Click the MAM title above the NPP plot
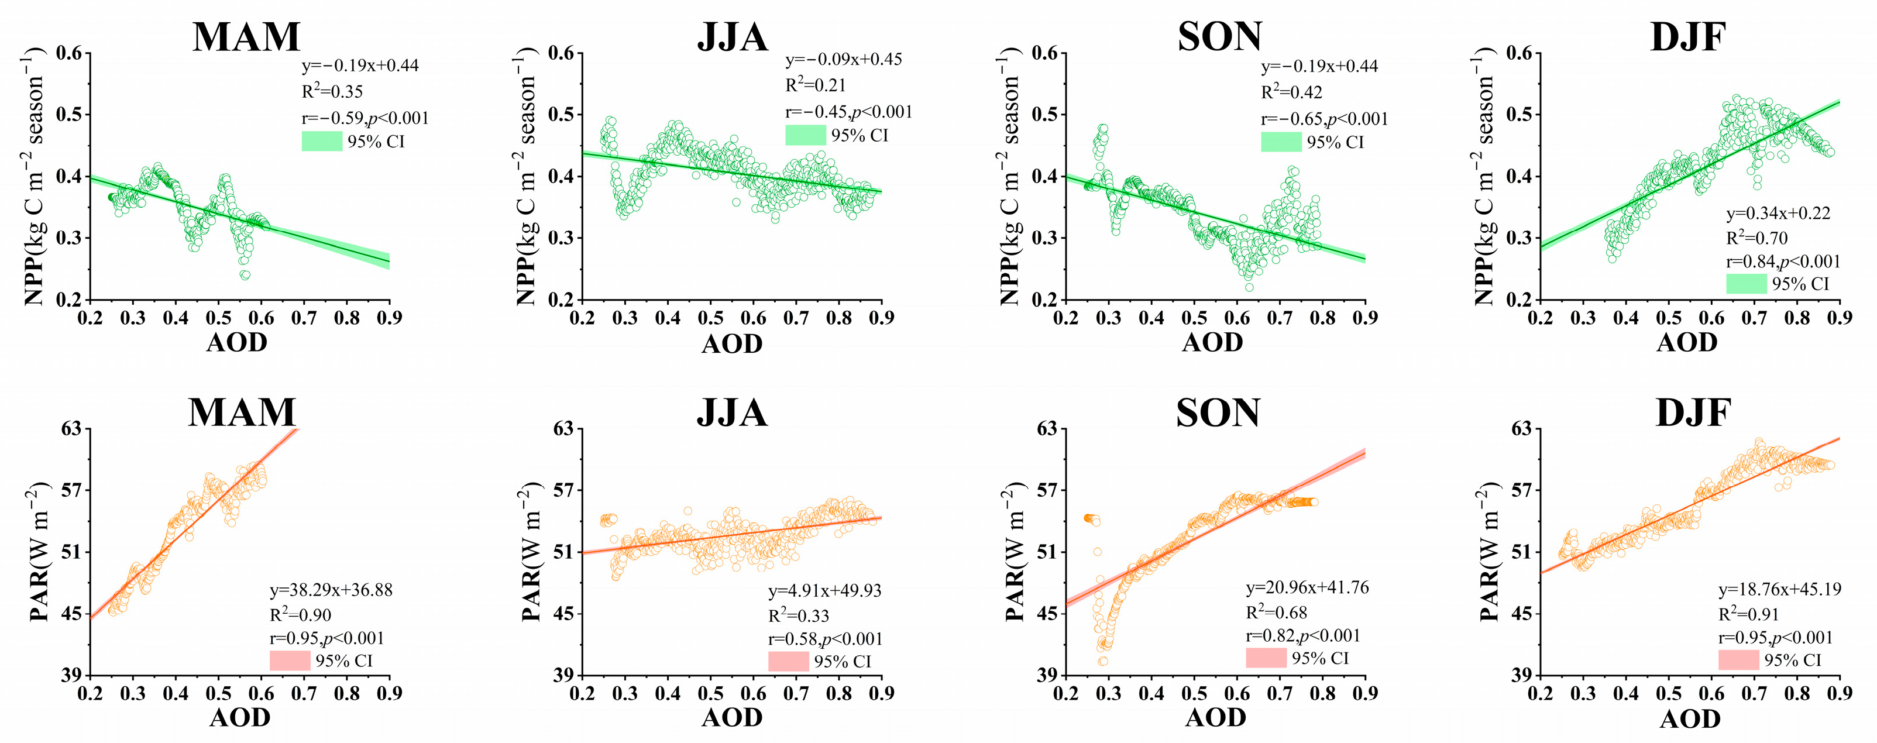point(246,36)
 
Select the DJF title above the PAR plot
point(1693,413)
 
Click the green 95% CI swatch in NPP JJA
point(805,135)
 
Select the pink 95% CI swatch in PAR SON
point(1266,658)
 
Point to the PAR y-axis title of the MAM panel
point(39,552)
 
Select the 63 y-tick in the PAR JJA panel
point(564,428)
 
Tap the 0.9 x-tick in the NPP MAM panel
point(390,318)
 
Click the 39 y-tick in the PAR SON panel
point(1047,675)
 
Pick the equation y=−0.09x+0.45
point(844,59)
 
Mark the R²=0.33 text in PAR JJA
point(799,616)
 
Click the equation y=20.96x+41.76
point(1307,587)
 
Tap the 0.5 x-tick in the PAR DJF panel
point(1669,693)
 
